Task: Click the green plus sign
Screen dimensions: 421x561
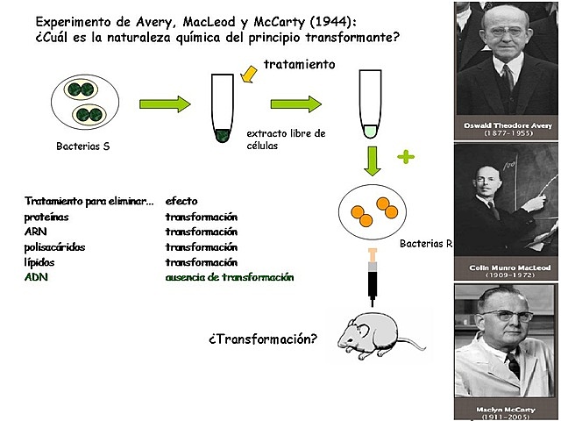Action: coord(405,157)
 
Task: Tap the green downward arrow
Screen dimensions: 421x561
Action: coord(373,161)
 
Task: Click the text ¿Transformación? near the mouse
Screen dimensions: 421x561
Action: coord(262,338)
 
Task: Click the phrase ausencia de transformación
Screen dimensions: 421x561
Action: coord(230,277)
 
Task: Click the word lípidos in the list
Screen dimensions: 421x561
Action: coord(44,262)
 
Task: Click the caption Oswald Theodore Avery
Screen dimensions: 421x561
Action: coord(508,126)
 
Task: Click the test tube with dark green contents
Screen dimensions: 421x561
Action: coord(224,110)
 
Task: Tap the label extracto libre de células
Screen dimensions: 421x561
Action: coord(286,139)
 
